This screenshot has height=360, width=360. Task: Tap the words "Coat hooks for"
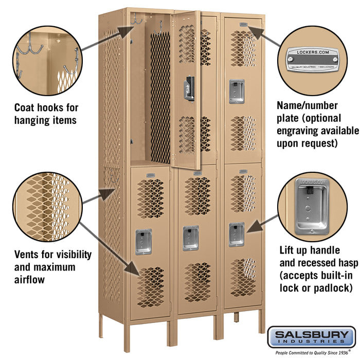tap(46, 107)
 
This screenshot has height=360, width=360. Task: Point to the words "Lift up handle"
tap(309, 250)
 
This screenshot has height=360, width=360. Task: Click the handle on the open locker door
tap(190, 88)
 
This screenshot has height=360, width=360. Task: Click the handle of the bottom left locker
tap(143, 242)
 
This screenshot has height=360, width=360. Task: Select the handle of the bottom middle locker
tap(190, 238)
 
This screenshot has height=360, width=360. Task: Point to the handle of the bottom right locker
tap(237, 235)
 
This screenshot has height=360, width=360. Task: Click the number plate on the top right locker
tap(243, 24)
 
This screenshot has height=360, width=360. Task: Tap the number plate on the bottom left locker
tap(150, 176)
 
